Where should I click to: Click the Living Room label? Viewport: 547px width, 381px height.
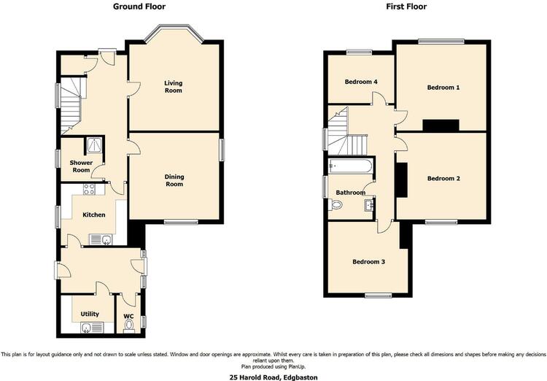174,87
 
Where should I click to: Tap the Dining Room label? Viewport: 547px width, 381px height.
174,180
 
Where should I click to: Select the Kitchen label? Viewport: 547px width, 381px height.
94,215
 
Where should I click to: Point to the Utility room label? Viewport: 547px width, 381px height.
90,314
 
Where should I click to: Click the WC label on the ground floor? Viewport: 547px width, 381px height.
128,316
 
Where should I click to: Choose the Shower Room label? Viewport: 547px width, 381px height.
81,166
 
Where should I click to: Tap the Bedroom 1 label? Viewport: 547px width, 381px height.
443,88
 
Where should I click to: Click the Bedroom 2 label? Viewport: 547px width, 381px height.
443,178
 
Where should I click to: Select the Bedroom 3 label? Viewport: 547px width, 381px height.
368,261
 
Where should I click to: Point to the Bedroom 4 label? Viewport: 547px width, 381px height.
361,82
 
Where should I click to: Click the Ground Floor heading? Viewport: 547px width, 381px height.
139,7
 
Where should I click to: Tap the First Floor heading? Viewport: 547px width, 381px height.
406,7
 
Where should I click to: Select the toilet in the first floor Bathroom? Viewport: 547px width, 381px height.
335,204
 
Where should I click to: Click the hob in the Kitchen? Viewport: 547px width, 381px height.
89,189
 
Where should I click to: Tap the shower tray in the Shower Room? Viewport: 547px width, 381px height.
94,145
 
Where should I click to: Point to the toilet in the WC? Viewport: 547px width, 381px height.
128,326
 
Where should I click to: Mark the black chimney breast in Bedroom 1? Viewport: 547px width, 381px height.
441,126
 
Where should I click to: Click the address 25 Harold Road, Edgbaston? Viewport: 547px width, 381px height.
273,377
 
